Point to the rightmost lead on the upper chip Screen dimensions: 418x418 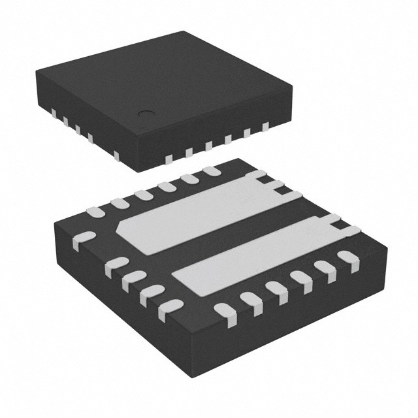265,128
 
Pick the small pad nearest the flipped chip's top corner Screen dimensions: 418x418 211,171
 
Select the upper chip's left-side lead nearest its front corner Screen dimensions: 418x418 116,155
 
